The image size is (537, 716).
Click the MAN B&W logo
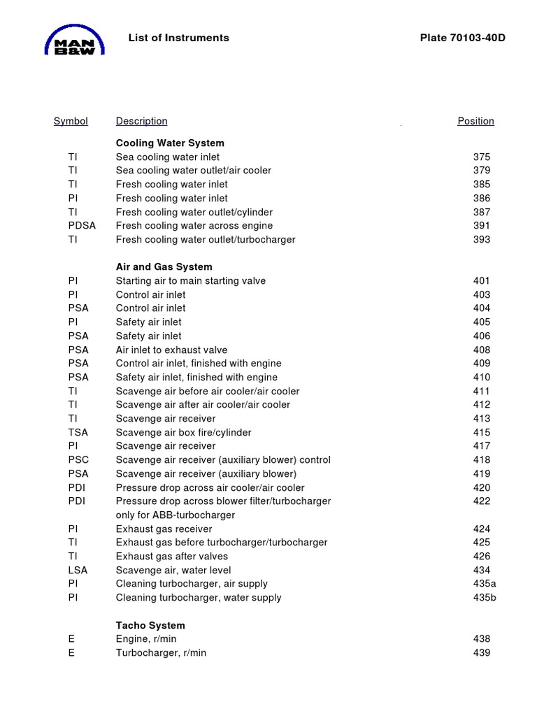pyautogui.click(x=75, y=41)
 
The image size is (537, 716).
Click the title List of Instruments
pyautogui.click(x=178, y=38)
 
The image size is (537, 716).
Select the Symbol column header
pyautogui.click(x=71, y=121)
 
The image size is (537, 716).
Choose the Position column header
pyautogui.click(x=475, y=121)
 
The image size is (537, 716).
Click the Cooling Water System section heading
pyautogui.click(x=170, y=143)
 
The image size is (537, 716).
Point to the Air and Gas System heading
pyautogui.click(x=164, y=267)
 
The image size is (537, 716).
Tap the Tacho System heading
pyautogui.click(x=150, y=626)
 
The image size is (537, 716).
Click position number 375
pyautogui.click(x=482, y=157)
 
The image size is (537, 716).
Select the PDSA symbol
pyautogui.click(x=82, y=226)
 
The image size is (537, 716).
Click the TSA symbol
pyautogui.click(x=78, y=433)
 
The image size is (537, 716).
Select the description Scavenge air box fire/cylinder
pyautogui.click(x=183, y=433)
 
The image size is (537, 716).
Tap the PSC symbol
pyautogui.click(x=78, y=460)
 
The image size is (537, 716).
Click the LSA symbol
pyautogui.click(x=78, y=571)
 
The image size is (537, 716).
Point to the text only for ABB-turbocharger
pyautogui.click(x=176, y=515)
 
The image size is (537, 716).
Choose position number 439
pyautogui.click(x=482, y=653)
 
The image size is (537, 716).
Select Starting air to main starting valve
pyautogui.click(x=191, y=281)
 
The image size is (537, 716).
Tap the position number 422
pyautogui.click(x=482, y=501)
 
